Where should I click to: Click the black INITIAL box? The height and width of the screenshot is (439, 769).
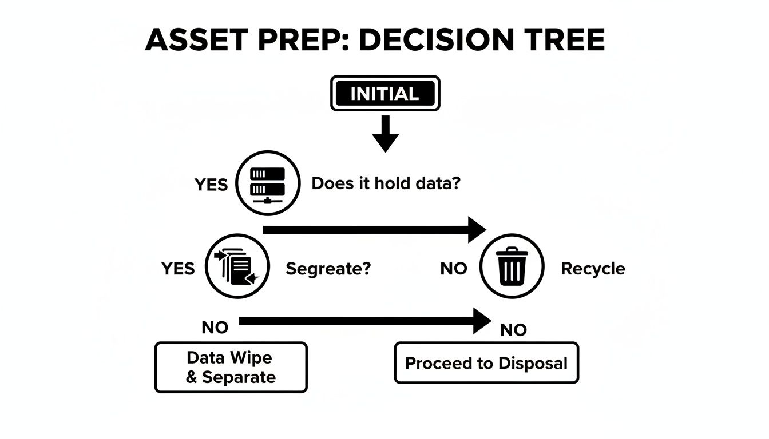click(x=384, y=93)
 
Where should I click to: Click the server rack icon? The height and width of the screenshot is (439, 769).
click(x=268, y=183)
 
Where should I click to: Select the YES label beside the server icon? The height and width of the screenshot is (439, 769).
click(x=211, y=185)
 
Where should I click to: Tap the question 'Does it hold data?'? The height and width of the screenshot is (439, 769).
click(x=386, y=183)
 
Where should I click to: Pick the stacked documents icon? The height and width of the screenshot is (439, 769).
click(x=236, y=266)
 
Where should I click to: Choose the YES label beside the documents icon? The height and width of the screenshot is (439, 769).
click(x=178, y=268)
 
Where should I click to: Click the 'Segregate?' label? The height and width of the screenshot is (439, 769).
click(x=328, y=268)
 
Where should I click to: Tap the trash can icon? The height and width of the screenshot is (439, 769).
click(x=511, y=267)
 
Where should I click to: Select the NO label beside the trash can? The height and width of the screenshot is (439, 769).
click(x=454, y=268)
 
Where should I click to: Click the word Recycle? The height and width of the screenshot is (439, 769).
click(x=593, y=268)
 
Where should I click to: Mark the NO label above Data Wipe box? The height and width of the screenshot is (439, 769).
click(x=215, y=328)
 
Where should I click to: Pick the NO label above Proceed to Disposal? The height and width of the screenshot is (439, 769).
click(x=513, y=330)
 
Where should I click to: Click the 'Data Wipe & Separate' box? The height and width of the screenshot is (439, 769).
click(x=231, y=367)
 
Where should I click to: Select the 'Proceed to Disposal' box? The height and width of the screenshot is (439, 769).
click(x=486, y=363)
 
